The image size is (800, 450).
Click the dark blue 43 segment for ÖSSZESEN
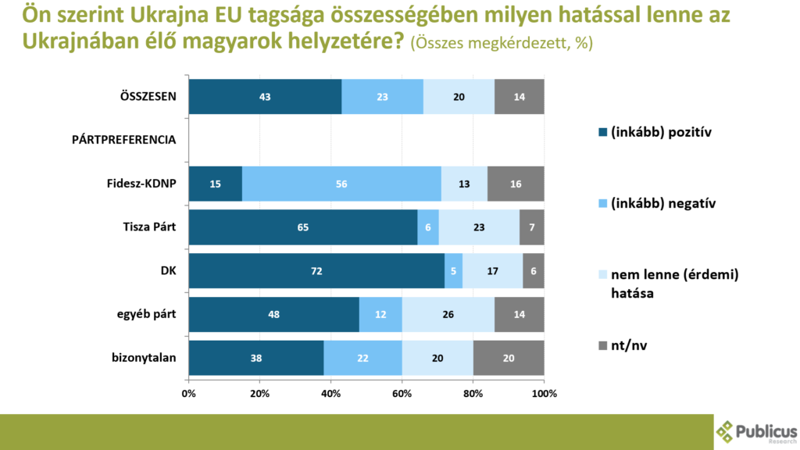265,97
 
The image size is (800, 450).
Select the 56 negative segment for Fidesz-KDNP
341,184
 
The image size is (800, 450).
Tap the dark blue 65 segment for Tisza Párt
302,227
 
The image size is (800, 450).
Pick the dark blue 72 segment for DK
316,271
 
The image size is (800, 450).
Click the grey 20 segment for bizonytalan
509,359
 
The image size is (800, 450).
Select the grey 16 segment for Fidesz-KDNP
516,184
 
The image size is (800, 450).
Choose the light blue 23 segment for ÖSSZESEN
382,97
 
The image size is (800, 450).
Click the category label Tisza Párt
148,227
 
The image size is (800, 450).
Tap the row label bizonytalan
145,359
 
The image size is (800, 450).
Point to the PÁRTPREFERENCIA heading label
123,141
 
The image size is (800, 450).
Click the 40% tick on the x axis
330,394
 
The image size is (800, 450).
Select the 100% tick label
545,394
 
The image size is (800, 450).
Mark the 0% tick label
188,394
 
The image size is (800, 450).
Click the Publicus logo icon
726,431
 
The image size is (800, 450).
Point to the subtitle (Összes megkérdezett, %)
501,44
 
